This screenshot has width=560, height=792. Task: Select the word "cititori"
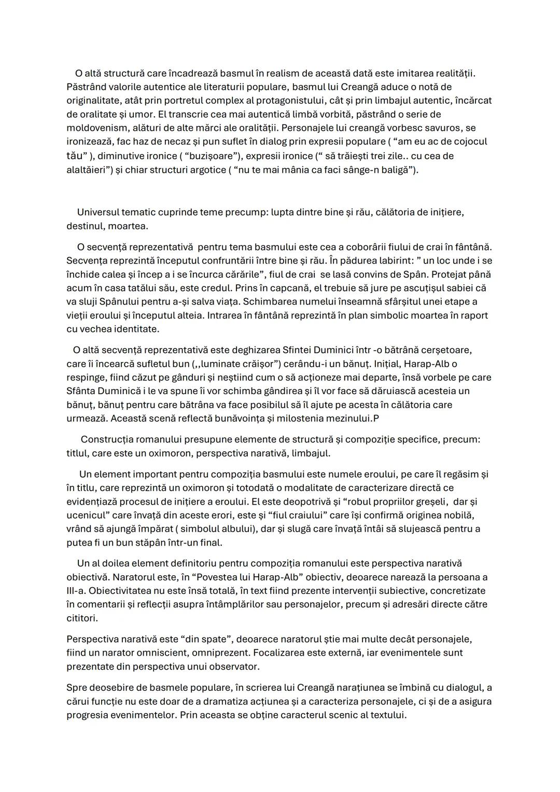pos(82,618)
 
